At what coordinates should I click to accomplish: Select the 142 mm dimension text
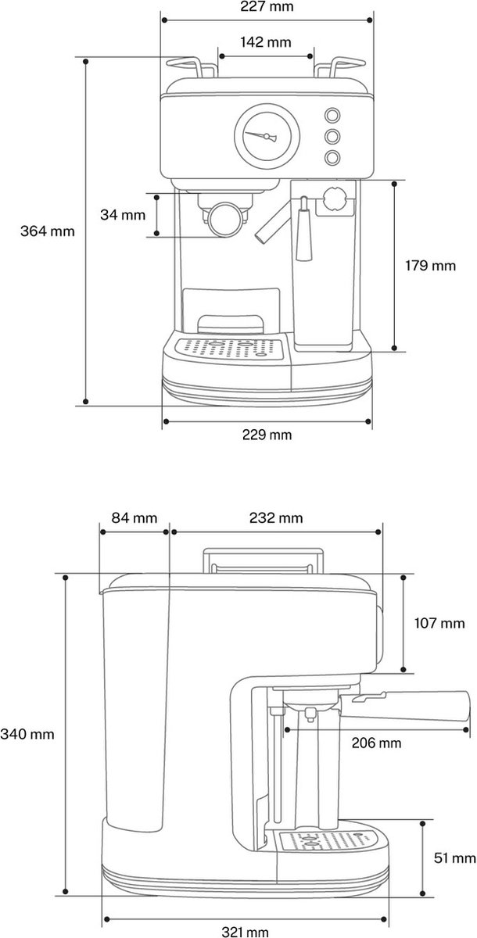tap(267, 42)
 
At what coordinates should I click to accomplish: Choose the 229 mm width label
tap(267, 434)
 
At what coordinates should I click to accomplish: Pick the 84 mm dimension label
tap(134, 517)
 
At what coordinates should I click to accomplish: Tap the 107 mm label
tap(439, 623)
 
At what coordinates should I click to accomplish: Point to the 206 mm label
tap(377, 743)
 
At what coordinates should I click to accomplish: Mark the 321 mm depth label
tap(245, 932)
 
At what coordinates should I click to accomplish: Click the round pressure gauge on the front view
tap(267, 135)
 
